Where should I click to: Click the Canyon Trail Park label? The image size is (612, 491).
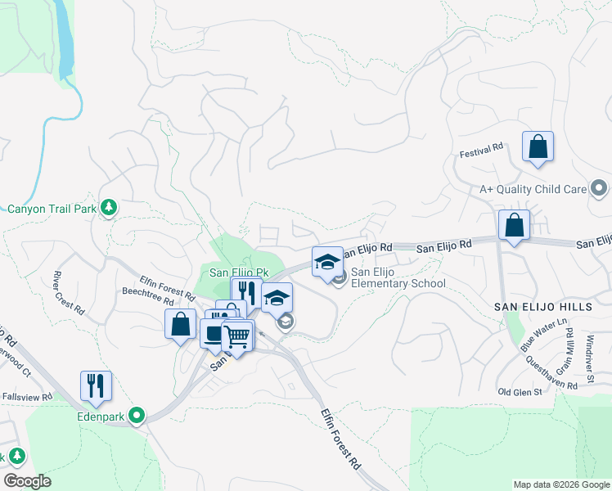tap(51, 209)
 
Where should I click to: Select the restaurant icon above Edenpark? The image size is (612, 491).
tap(96, 387)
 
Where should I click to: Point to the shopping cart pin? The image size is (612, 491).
tap(237, 336)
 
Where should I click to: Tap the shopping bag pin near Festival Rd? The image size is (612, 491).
tap(538, 148)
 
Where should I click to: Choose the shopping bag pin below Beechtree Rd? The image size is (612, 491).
tap(181, 325)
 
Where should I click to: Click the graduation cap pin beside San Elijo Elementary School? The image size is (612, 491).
tap(327, 262)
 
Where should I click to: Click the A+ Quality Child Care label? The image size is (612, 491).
tap(533, 189)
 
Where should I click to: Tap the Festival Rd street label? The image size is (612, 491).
tap(481, 152)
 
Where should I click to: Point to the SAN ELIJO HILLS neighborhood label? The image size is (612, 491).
tap(541, 306)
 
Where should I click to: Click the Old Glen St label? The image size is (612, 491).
tap(520, 392)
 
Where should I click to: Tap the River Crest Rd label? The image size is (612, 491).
tap(68, 293)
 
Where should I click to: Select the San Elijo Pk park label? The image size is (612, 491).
tap(239, 273)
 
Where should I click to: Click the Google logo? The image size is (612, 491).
tap(27, 480)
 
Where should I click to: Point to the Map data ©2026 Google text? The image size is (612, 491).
tap(560, 484)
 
